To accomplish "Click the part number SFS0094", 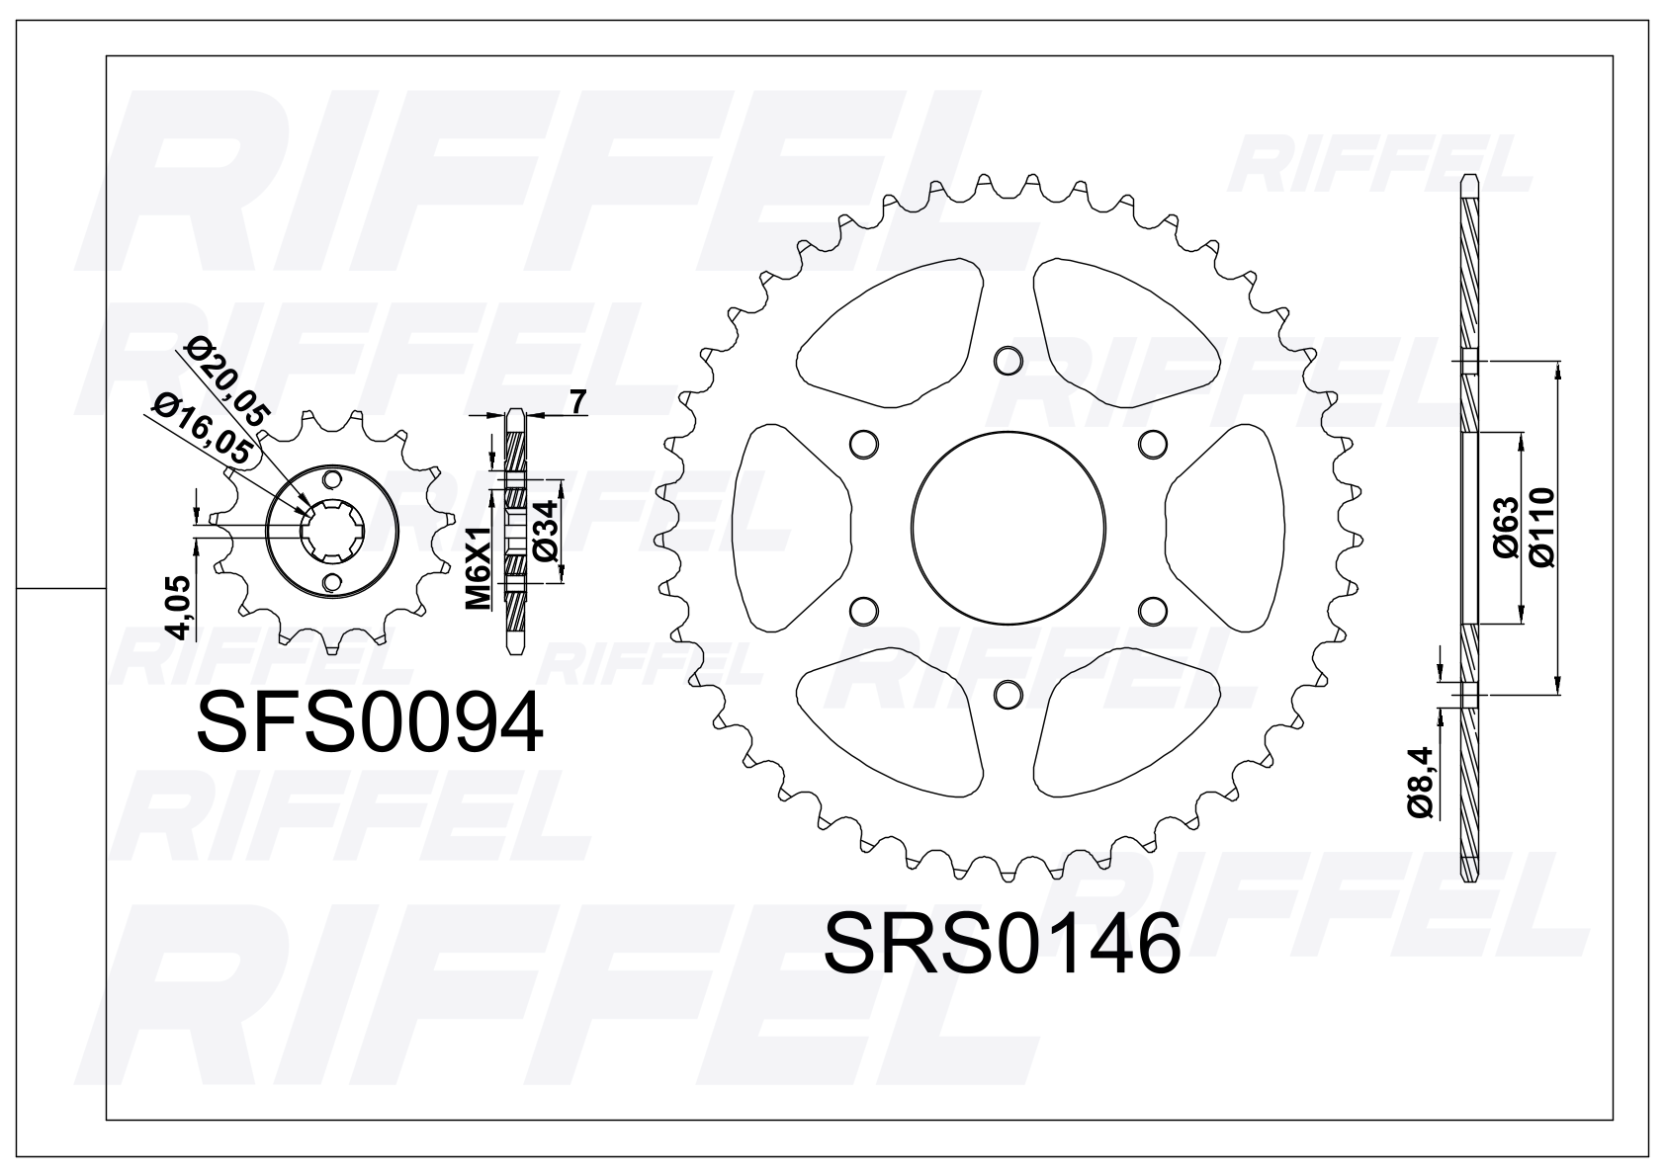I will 370,722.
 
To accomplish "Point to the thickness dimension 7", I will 579,402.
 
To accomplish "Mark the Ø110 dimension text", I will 1540,529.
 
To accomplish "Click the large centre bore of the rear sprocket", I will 1008,529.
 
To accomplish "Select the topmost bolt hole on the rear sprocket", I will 1008,360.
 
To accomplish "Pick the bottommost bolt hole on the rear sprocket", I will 1008,695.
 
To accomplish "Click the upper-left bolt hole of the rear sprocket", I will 863,444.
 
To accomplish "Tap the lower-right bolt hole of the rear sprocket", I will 1152,611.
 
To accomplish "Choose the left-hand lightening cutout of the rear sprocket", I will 794,529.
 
